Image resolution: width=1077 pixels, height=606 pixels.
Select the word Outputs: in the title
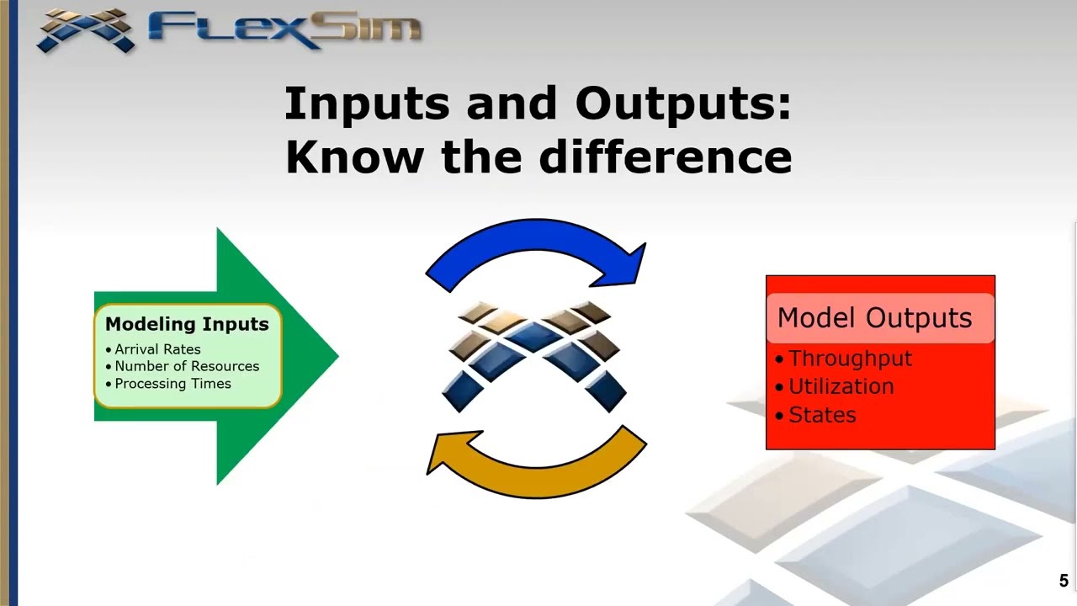click(x=683, y=104)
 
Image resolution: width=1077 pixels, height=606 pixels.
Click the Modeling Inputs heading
click(x=187, y=324)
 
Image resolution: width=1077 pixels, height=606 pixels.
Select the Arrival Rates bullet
click(x=157, y=349)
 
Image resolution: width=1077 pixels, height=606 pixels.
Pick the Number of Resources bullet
click(x=186, y=366)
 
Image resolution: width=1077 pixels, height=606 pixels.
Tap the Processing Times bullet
click(x=172, y=384)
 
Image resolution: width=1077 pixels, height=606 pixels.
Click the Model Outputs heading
click(x=874, y=318)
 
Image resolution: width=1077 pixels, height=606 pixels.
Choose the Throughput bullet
click(x=850, y=359)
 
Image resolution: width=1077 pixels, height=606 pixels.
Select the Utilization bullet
click(x=841, y=387)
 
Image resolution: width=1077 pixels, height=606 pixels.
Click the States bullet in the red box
click(x=821, y=416)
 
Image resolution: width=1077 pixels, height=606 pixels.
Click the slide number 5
click(x=1064, y=581)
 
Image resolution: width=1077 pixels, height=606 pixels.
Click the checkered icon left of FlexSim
click(x=87, y=29)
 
